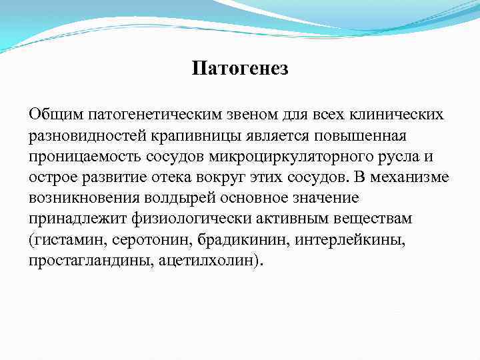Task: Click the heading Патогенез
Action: [240, 68]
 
